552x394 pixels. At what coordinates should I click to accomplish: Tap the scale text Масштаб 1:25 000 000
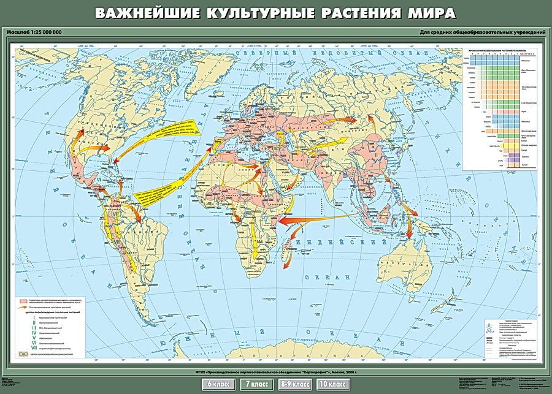pyautogui.click(x=35, y=32)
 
